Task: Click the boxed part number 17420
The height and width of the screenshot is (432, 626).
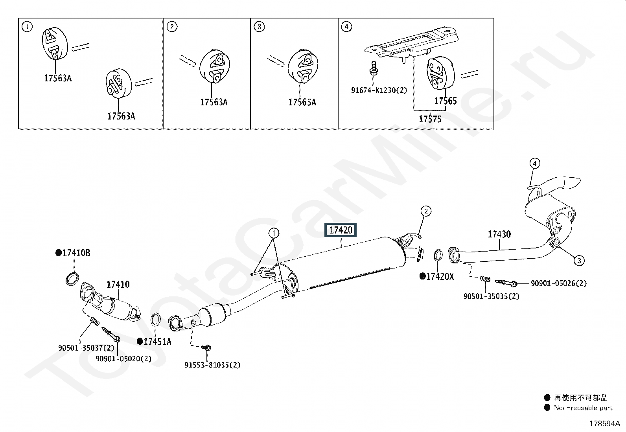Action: pyautogui.click(x=341, y=230)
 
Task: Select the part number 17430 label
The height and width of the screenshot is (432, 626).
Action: pyautogui.click(x=499, y=234)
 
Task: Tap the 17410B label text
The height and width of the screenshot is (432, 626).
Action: pyautogui.click(x=76, y=253)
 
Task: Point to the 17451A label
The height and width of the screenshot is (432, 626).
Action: pyautogui.click(x=157, y=342)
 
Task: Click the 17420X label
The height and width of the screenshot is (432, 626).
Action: pyautogui.click(x=440, y=277)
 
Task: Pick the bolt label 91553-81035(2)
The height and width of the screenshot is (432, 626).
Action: pyautogui.click(x=212, y=365)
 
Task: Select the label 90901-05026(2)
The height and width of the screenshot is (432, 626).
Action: pyautogui.click(x=559, y=283)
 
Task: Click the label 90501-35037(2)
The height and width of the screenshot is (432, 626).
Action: pyautogui.click(x=87, y=348)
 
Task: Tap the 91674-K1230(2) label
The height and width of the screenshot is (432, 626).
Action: pyautogui.click(x=379, y=90)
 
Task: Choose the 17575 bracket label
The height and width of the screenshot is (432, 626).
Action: pyautogui.click(x=430, y=119)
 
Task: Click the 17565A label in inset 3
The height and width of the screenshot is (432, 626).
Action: pyautogui.click(x=302, y=102)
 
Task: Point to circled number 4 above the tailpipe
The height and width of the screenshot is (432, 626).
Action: pyautogui.click(x=535, y=164)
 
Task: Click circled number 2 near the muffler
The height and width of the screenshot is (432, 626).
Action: pyautogui.click(x=425, y=211)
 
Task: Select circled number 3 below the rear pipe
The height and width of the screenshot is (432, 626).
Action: pyautogui.click(x=579, y=261)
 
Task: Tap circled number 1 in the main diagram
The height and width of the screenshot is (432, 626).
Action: pyautogui.click(x=274, y=233)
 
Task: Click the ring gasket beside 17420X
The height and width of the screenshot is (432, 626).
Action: pyautogui.click(x=438, y=255)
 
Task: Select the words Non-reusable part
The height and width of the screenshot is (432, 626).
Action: pyautogui.click(x=583, y=408)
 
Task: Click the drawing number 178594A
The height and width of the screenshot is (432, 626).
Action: pyautogui.click(x=605, y=424)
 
